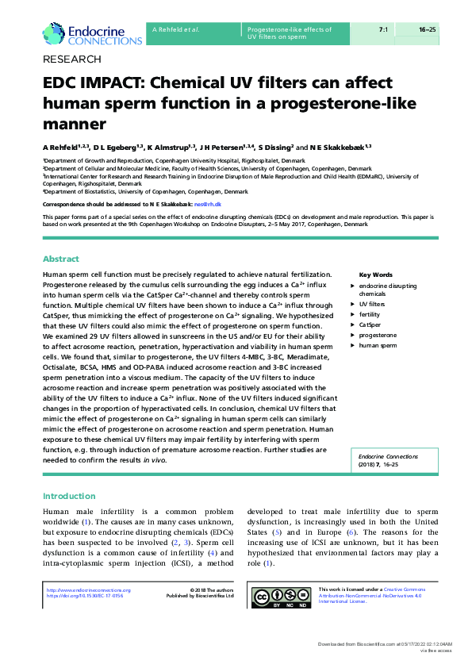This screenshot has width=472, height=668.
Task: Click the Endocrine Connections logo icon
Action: coord(55,33)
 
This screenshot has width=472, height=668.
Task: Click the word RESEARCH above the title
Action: coord(71,60)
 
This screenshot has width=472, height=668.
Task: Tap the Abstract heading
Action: coord(60,259)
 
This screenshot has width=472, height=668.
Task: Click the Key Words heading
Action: coord(376,274)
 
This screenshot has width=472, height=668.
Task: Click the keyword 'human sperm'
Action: coord(378,345)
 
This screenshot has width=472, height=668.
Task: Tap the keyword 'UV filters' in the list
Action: coord(372,304)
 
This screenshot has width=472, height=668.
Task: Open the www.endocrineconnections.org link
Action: coord(89,590)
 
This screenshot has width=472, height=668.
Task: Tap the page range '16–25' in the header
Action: coord(428,29)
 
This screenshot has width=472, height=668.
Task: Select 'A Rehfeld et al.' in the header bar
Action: coord(175,29)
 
